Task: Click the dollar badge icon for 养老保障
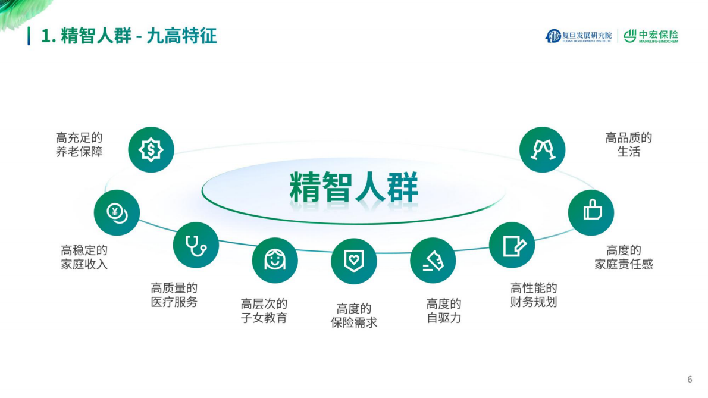(151, 150)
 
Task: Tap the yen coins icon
(117, 212)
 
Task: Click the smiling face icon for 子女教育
(275, 260)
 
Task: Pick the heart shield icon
(354, 261)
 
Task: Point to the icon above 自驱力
(433, 261)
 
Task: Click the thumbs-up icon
(591, 212)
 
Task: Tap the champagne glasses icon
(543, 150)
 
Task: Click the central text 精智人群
(354, 187)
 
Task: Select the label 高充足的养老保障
(80, 145)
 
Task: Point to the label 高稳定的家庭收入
(84, 257)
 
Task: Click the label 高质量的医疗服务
(174, 295)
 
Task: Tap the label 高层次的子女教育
(264, 311)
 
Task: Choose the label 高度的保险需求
(354, 315)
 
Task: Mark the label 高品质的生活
(629, 145)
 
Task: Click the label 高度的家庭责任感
(624, 257)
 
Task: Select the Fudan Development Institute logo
(578, 36)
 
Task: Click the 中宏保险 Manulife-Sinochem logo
(651, 36)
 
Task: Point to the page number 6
(690, 380)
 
